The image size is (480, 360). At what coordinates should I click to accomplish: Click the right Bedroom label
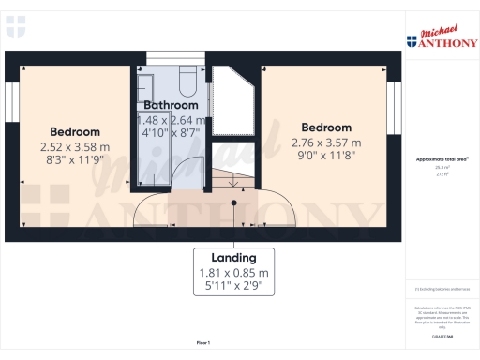[x=325, y=127]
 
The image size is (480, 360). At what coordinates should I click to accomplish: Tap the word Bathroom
[x=170, y=106]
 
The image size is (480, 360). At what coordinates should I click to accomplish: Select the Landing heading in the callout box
[x=234, y=258]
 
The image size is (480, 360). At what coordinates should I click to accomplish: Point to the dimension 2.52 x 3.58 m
[x=75, y=147]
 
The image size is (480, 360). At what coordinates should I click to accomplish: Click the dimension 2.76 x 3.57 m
[x=326, y=142]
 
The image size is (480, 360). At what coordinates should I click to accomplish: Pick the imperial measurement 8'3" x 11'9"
[x=75, y=161]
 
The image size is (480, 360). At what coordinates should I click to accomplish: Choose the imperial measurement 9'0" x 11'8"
[x=326, y=157]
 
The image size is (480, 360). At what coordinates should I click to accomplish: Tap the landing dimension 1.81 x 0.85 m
[x=234, y=274]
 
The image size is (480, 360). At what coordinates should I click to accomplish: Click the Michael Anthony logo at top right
[x=440, y=37]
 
